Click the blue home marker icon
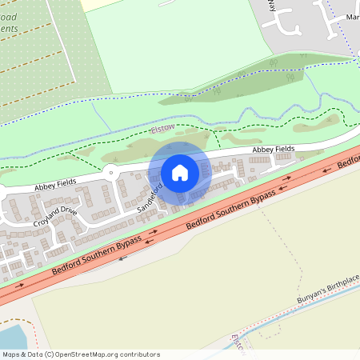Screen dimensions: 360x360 [180, 172]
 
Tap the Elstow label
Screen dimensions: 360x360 [162, 128]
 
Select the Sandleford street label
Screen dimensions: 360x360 [150, 197]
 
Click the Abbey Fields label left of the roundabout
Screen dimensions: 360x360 [55, 184]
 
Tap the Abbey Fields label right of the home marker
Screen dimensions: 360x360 [274, 150]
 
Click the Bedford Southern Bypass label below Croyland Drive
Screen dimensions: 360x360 [97, 255]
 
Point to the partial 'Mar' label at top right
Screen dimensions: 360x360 [352, 16]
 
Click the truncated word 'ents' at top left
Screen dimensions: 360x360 [9, 29]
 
